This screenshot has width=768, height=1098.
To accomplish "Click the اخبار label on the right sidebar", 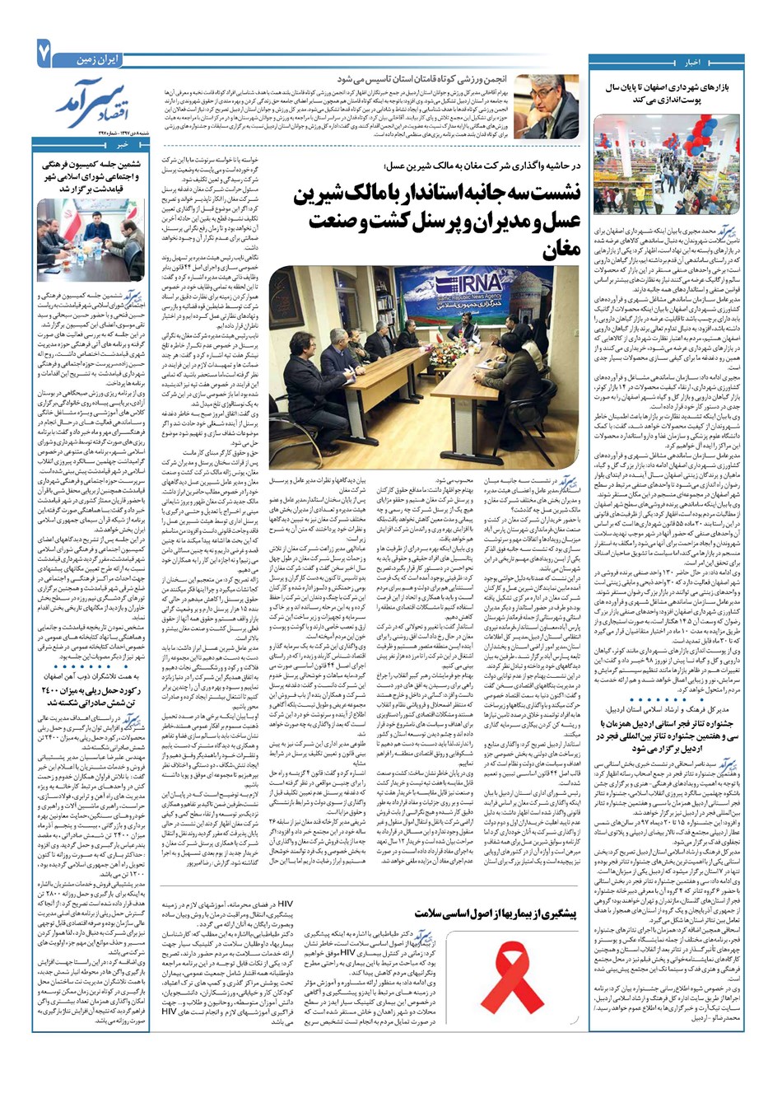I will (692, 62).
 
